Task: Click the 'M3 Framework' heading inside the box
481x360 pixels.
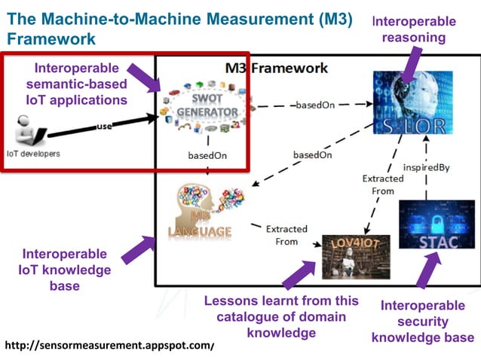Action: pos(277,69)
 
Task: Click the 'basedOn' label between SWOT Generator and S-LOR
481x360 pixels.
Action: pos(314,105)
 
